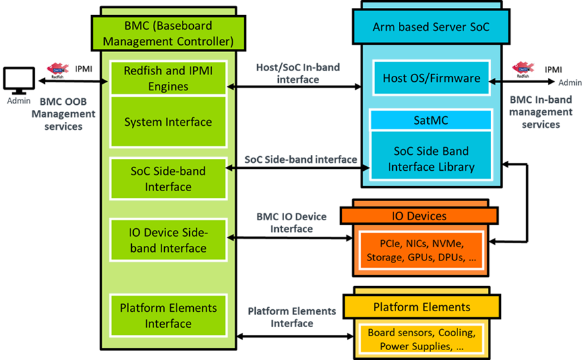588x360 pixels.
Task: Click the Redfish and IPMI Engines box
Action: [x=168, y=78]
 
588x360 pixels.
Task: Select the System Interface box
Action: [x=168, y=122]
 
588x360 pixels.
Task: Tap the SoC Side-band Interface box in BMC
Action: [x=168, y=179]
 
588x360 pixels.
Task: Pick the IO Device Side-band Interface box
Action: [x=168, y=241]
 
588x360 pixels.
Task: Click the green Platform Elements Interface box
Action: [x=168, y=316]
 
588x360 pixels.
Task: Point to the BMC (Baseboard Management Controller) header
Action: [x=169, y=33]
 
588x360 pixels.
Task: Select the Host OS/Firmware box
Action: [x=431, y=78]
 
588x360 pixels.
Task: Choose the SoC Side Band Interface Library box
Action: [x=431, y=158]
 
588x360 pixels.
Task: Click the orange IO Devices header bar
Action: [x=419, y=216]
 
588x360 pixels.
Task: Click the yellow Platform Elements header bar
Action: [x=422, y=307]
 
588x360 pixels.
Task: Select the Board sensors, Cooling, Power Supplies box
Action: [x=421, y=339]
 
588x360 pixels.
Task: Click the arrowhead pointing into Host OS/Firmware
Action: [x=493, y=80]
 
